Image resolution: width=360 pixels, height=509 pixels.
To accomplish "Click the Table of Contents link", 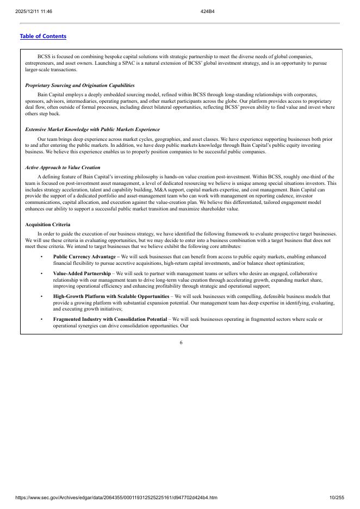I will (x=43, y=36).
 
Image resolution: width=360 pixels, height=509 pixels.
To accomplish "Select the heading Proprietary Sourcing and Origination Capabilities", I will (x=80, y=85).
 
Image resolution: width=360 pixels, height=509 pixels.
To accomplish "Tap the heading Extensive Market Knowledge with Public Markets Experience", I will (x=92, y=129).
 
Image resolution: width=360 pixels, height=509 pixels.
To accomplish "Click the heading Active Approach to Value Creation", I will (x=63, y=167).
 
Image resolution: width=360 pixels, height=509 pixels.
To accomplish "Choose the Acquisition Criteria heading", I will (x=48, y=225).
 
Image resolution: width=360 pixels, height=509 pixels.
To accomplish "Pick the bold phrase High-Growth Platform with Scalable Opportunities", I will (x=111, y=296).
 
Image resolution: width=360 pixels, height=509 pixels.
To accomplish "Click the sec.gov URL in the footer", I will (x=117, y=498).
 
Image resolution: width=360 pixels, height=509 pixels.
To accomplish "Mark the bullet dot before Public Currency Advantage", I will (x=42, y=256).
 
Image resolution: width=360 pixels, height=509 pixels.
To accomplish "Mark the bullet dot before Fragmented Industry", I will (x=42, y=319).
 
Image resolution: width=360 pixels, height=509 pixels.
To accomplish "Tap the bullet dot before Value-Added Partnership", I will (x=42, y=273).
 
